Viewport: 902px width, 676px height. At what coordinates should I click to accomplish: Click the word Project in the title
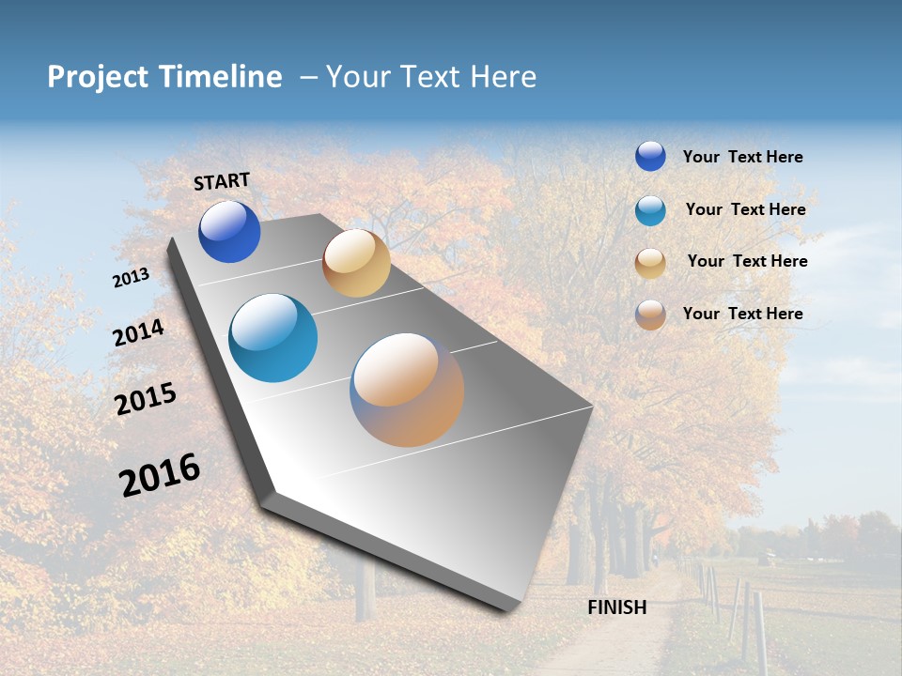[99, 77]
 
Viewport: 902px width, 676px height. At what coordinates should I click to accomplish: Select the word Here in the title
[503, 77]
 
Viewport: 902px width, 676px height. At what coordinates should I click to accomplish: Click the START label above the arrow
[222, 181]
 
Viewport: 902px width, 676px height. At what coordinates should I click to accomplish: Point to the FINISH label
[616, 607]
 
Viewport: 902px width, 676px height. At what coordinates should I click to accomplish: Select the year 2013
[131, 278]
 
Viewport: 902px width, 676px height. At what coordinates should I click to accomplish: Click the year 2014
[139, 332]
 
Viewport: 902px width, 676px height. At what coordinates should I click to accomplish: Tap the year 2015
[146, 399]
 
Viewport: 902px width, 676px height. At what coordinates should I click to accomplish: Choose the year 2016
[160, 475]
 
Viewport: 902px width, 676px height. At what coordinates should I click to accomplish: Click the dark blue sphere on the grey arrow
[229, 232]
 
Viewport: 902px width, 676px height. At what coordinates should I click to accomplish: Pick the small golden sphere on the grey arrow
[356, 263]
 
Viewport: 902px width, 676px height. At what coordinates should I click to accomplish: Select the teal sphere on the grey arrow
[273, 338]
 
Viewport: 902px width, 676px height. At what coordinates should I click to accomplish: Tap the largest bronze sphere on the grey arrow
[407, 390]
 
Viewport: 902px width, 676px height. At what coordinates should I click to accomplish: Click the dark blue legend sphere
[650, 156]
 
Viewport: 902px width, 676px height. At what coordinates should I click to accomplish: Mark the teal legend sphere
[650, 210]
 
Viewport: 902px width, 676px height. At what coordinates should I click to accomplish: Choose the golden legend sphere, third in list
[650, 263]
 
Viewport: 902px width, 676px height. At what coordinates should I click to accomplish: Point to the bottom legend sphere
[650, 315]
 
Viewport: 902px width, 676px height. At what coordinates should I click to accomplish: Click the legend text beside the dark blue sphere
[742, 157]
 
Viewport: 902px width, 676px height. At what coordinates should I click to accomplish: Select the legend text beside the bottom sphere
[742, 314]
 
